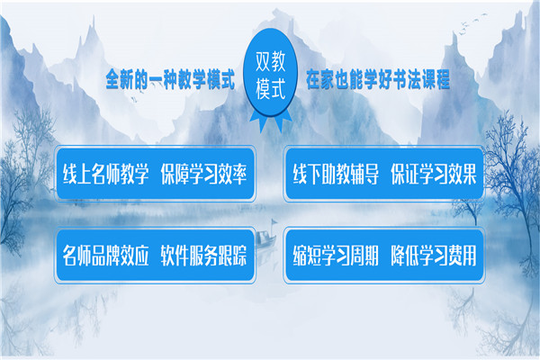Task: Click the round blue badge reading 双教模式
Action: pyautogui.click(x=270, y=73)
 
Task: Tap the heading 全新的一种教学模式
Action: pyautogui.click(x=170, y=79)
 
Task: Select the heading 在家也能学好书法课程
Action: pyautogui.click(x=378, y=79)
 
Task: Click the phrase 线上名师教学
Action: pyautogui.click(x=105, y=174)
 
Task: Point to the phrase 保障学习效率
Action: pyautogui.click(x=203, y=174)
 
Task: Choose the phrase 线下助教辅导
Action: pyautogui.click(x=336, y=174)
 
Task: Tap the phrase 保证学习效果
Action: pyautogui.click(x=434, y=174)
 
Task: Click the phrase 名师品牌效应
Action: pyautogui.click(x=105, y=256)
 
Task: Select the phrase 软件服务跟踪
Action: pyautogui.click(x=203, y=256)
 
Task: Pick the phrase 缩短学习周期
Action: pyautogui.click(x=336, y=256)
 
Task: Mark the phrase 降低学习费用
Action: pyautogui.click(x=434, y=256)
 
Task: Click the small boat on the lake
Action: pyautogui.click(x=265, y=238)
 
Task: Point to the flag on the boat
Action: pyautogui.click(x=274, y=221)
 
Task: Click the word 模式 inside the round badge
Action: pyautogui.click(x=270, y=89)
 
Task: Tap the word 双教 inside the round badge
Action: pyautogui.click(x=270, y=61)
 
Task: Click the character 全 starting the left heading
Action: pyautogui.click(x=112, y=79)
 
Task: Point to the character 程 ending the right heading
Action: pyautogui.click(x=443, y=79)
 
